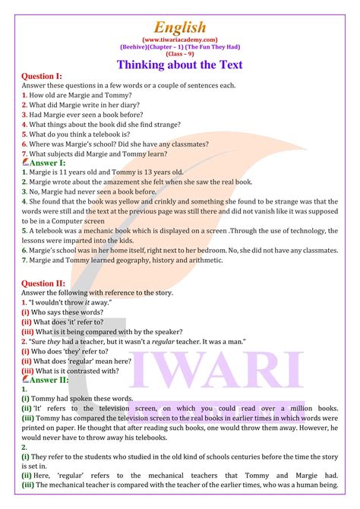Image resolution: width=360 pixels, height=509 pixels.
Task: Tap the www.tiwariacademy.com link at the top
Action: (180, 38)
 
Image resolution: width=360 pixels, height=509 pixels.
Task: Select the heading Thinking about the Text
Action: (180, 64)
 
